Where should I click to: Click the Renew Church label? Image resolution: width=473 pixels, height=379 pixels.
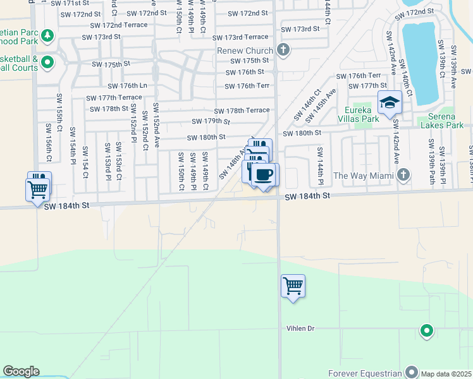[x=245, y=51]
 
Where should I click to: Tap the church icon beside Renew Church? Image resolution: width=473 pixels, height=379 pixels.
[x=283, y=50]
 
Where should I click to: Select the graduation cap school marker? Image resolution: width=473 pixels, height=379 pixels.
[x=390, y=101]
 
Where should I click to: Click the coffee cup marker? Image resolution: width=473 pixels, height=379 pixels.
[x=264, y=174]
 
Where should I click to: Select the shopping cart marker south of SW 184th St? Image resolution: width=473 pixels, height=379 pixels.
[x=293, y=286]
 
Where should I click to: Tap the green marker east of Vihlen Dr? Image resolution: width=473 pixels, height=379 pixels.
[x=427, y=330]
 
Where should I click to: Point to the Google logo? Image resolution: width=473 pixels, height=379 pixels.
[x=21, y=371]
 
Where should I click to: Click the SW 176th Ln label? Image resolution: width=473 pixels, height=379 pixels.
[x=127, y=86]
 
